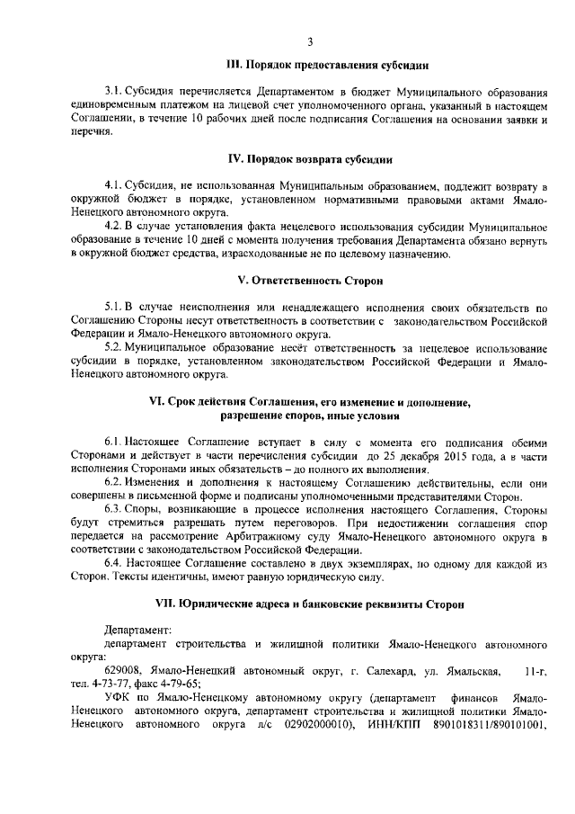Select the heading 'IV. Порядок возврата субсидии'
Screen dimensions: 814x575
[309, 159]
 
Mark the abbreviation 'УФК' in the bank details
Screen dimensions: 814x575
[117, 699]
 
